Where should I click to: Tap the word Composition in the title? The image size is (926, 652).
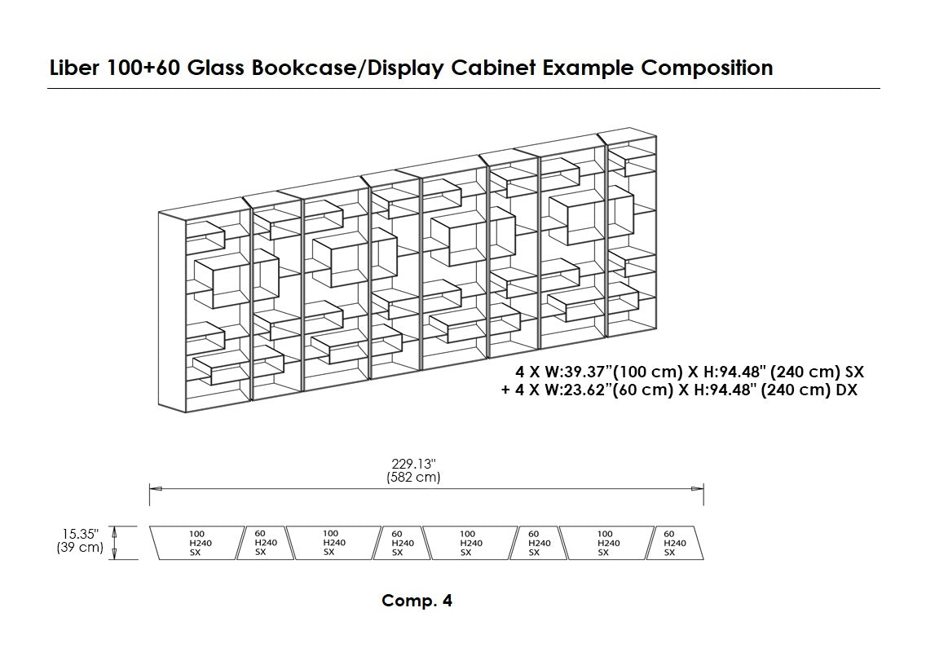click(x=707, y=68)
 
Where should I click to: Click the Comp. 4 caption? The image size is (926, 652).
click(x=417, y=601)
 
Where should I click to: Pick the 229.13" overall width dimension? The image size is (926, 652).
click(x=413, y=465)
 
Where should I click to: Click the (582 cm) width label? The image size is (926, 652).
click(x=413, y=478)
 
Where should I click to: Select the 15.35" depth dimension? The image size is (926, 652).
click(x=79, y=535)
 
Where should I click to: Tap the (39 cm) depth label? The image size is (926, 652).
click(x=79, y=548)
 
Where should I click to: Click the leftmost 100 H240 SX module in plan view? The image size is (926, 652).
click(x=196, y=543)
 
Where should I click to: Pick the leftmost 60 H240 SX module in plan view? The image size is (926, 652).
click(x=265, y=543)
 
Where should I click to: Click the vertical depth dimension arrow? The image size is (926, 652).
click(x=114, y=543)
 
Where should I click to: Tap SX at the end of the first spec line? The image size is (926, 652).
click(x=853, y=372)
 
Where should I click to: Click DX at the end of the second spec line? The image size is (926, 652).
click(x=847, y=390)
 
